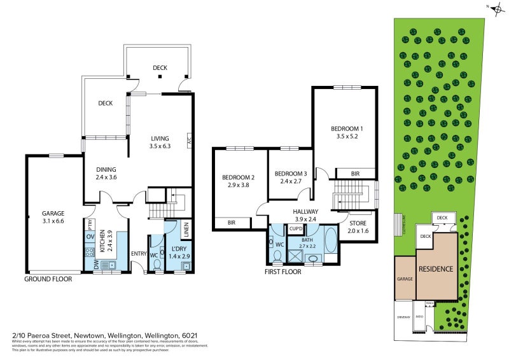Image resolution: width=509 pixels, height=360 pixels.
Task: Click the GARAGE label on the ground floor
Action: (x=55, y=214)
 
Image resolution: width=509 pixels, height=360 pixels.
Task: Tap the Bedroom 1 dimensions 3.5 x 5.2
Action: (x=344, y=135)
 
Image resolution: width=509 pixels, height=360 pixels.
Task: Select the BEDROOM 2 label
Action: (x=238, y=177)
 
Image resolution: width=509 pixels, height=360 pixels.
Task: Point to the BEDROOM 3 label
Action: (x=291, y=174)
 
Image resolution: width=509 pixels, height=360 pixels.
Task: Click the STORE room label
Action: (x=358, y=223)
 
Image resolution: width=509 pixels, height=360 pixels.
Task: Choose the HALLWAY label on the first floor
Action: (x=305, y=212)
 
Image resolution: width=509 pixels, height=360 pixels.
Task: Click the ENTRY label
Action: (x=139, y=254)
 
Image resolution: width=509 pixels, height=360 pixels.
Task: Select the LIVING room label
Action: (x=160, y=139)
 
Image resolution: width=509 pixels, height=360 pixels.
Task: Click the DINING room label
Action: (x=106, y=169)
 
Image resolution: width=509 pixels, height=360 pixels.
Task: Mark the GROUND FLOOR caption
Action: (x=48, y=279)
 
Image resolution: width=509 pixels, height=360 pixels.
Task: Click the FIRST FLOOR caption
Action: (x=283, y=272)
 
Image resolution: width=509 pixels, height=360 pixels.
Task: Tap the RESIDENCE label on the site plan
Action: (x=435, y=268)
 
